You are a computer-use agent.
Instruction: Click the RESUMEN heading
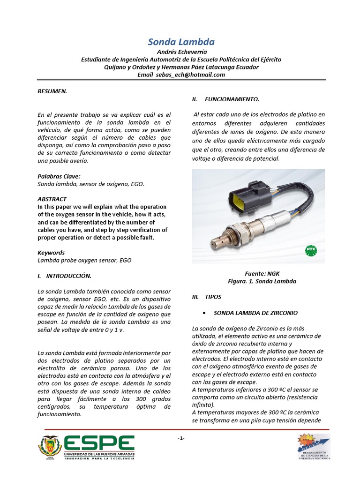[52, 91]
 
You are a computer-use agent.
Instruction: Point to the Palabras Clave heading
[59, 176]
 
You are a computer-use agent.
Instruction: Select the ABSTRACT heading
[52, 199]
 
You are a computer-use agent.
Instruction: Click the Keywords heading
[51, 253]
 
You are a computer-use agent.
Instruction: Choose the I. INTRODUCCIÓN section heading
[65, 276]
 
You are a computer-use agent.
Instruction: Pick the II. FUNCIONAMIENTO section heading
[225, 99]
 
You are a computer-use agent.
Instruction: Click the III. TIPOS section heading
[207, 297]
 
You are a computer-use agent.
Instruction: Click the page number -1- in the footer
[181, 438]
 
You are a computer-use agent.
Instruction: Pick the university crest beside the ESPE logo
[50, 448]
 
